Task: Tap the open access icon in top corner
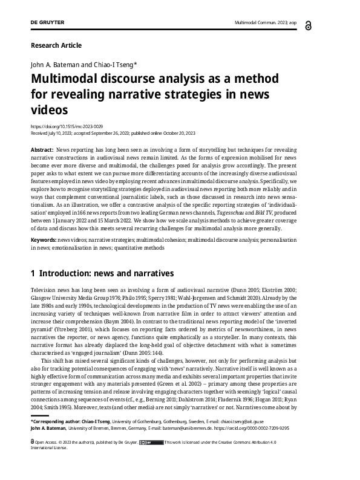click(x=327, y=24)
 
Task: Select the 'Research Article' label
click(x=56, y=45)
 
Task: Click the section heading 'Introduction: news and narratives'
click(x=106, y=274)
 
